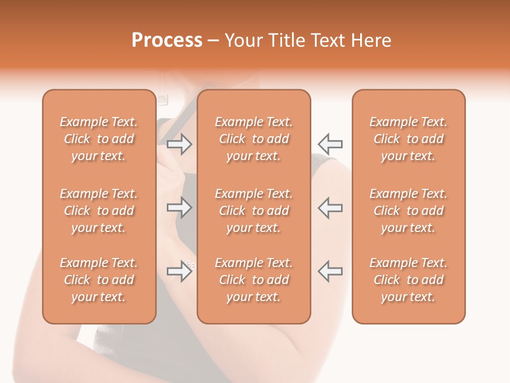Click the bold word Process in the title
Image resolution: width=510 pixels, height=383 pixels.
click(167, 40)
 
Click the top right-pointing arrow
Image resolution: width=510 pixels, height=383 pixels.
click(180, 144)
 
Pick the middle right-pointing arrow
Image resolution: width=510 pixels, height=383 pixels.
click(180, 208)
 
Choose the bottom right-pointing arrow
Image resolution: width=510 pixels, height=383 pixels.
click(180, 271)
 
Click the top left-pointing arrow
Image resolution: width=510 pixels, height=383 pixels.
click(330, 144)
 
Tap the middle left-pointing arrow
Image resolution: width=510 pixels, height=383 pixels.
click(330, 208)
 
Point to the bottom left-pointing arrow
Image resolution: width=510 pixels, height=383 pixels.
click(330, 271)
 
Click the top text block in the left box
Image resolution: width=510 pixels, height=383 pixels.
click(99, 139)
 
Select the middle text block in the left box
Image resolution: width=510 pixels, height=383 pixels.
click(99, 211)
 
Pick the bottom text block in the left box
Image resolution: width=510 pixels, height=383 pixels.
click(99, 280)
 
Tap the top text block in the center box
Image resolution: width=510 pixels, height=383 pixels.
click(253, 139)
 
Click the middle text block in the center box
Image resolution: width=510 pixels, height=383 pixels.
click(253, 211)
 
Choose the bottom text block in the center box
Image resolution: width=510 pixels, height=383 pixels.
click(253, 280)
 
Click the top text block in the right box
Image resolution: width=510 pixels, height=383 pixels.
click(408, 139)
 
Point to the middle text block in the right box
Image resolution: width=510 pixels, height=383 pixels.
click(408, 211)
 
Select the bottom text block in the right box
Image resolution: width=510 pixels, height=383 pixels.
click(408, 280)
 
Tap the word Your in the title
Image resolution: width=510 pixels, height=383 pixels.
click(241, 40)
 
